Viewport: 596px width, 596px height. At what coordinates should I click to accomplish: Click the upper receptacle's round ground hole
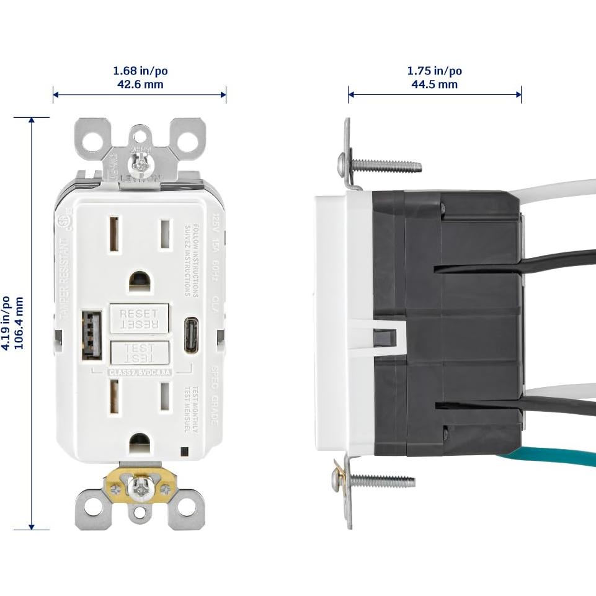[x=140, y=282]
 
